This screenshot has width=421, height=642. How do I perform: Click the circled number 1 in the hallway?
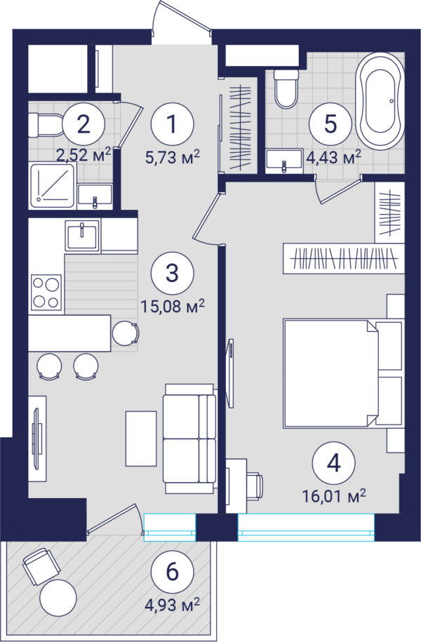(172, 123)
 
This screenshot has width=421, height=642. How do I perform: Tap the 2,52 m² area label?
(83, 154)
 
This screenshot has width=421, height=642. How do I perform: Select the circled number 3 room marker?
(172, 273)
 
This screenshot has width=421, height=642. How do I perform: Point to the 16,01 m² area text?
(334, 496)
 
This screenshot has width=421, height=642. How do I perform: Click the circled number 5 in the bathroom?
(330, 123)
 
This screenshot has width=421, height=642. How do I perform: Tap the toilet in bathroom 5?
(286, 88)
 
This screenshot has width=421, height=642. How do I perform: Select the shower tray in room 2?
(53, 185)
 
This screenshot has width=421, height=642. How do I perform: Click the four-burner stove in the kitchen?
(46, 293)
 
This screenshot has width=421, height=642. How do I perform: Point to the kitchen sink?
(82, 236)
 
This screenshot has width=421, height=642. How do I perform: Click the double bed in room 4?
(343, 374)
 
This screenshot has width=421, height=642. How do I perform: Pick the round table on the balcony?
(58, 598)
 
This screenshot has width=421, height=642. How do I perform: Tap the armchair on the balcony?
(41, 567)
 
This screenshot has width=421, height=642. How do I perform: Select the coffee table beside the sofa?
(141, 439)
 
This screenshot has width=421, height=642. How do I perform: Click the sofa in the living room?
(189, 439)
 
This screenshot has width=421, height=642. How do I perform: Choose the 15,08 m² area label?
(172, 306)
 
